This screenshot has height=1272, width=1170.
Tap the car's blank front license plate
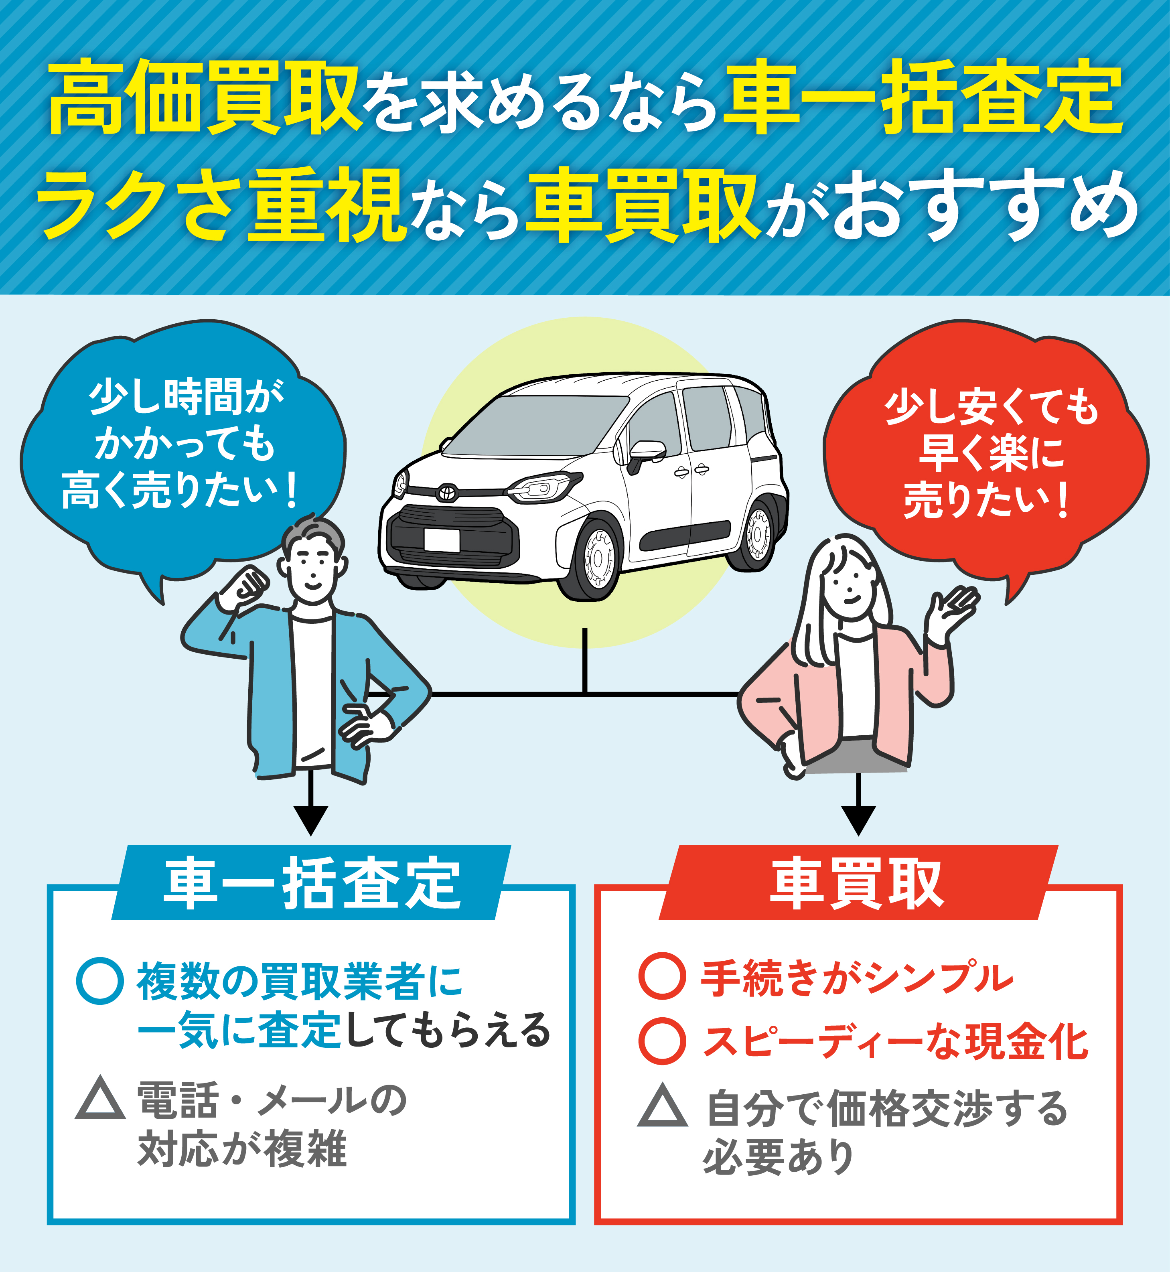click(x=441, y=540)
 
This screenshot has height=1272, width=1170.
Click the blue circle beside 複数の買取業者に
click(x=99, y=982)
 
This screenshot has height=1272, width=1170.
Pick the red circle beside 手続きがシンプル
click(x=661, y=976)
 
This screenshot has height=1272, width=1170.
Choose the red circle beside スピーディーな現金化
click(x=661, y=1041)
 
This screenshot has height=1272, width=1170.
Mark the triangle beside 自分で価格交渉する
click(x=662, y=1107)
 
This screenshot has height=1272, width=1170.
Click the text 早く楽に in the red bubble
click(x=991, y=453)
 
